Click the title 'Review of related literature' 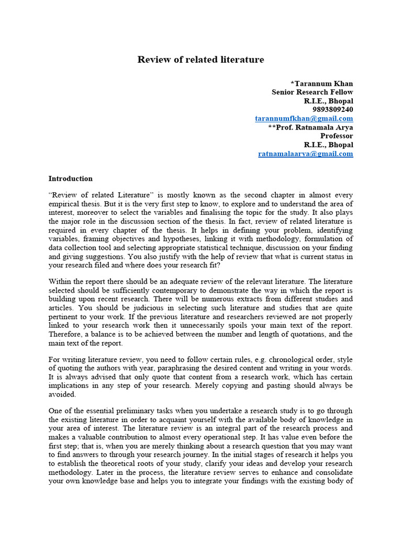[200, 60]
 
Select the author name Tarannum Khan [323, 84]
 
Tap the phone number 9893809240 [333, 110]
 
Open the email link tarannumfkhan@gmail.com [304, 119]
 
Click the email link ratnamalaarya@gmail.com [306, 154]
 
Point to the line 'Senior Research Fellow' [312, 92]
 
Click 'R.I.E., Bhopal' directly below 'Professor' [328, 145]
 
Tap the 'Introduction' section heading [70, 179]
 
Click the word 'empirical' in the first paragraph [64, 204]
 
